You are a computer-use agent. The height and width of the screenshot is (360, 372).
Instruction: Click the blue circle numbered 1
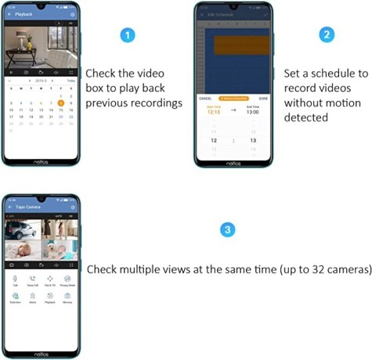[129, 35]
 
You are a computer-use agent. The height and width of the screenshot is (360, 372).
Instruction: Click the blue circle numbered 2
[327, 34]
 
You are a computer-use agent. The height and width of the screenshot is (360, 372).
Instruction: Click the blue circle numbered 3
[227, 230]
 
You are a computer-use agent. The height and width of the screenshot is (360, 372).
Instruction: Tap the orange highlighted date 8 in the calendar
[61, 103]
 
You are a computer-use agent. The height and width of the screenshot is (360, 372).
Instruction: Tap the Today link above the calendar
[70, 81]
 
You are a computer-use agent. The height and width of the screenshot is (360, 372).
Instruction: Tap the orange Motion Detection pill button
[233, 98]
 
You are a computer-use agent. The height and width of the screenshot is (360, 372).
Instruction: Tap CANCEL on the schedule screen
[206, 98]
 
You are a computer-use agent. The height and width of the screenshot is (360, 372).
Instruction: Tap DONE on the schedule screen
[262, 98]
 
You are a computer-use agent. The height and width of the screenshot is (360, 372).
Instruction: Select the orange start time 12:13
[213, 111]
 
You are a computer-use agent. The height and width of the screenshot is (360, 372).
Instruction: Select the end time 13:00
[253, 111]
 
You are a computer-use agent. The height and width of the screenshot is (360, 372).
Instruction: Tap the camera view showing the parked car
[21, 229]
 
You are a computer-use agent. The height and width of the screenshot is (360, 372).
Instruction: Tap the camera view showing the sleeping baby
[21, 250]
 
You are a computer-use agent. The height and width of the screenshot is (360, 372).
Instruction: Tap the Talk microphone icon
[16, 279]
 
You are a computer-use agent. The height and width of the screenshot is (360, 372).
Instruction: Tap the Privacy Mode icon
[67, 279]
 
